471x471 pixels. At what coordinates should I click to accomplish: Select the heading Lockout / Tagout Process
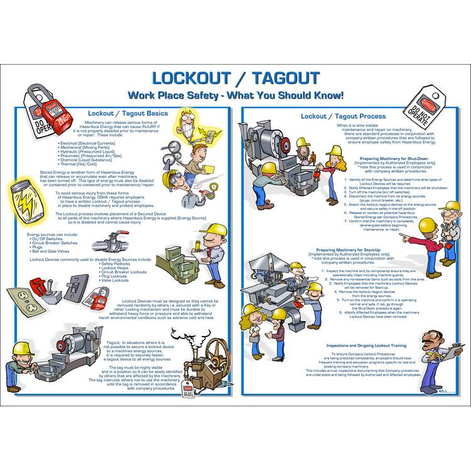coord(343,116)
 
